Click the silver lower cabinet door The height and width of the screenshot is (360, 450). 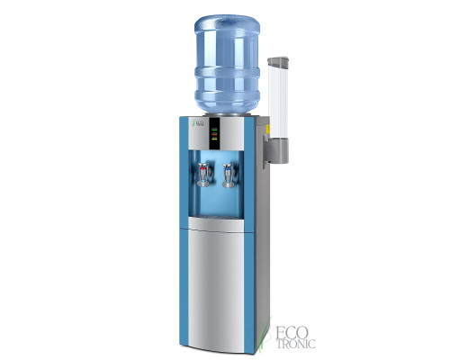215,279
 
